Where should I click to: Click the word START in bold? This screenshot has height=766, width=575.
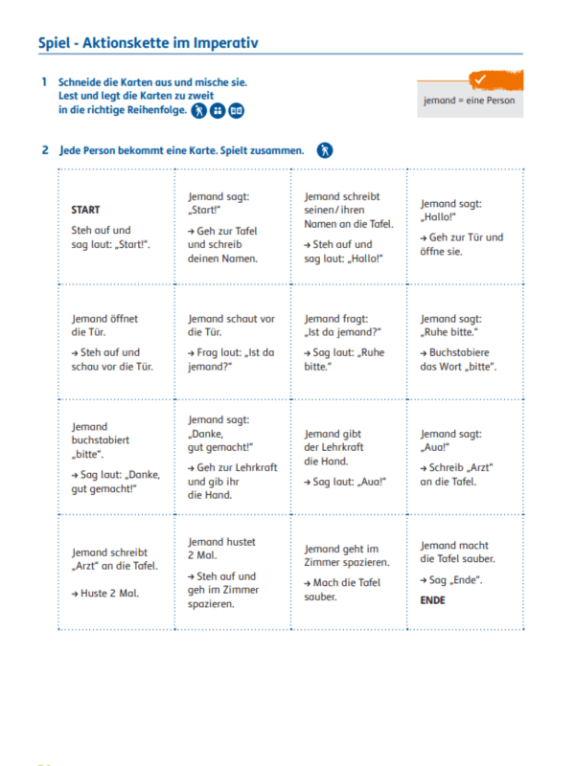click(x=85, y=210)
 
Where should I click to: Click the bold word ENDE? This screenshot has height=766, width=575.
click(x=432, y=600)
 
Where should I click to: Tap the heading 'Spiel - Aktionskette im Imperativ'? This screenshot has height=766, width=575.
click(x=149, y=43)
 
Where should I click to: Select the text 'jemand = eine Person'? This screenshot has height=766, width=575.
click(x=470, y=101)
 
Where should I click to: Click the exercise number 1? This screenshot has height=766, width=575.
click(x=44, y=82)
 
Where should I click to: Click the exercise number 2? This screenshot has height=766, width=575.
click(x=44, y=150)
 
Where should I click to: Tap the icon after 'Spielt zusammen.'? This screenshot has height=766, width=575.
click(x=326, y=150)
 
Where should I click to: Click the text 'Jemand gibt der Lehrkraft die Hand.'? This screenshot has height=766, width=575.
click(x=330, y=447)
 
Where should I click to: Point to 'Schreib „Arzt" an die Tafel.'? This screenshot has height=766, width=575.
click(x=454, y=474)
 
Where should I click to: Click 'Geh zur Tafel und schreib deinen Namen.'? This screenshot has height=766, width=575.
click(x=222, y=244)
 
